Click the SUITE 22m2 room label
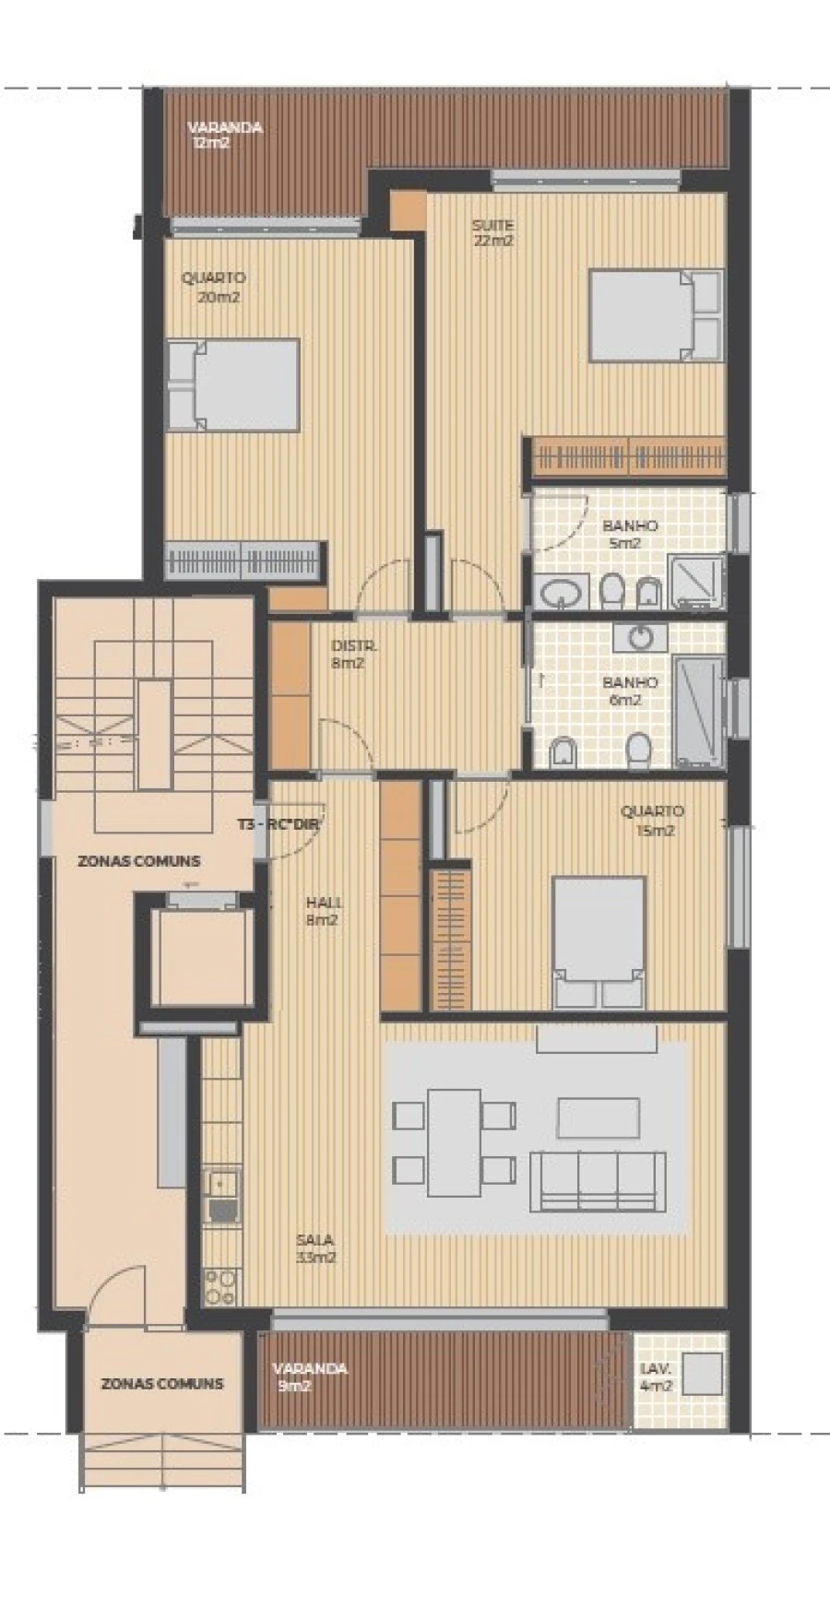tap(492, 232)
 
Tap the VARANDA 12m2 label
tap(224, 135)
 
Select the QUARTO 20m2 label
tap(214, 287)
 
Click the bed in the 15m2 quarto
tap(598, 940)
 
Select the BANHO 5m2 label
tap(630, 534)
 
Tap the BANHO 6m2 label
tap(630, 691)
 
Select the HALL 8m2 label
tap(322, 911)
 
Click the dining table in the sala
tap(454, 1143)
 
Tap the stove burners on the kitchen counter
tap(221, 1285)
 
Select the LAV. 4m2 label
tap(657, 1377)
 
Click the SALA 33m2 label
tap(315, 1248)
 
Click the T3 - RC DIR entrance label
tap(277, 826)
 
